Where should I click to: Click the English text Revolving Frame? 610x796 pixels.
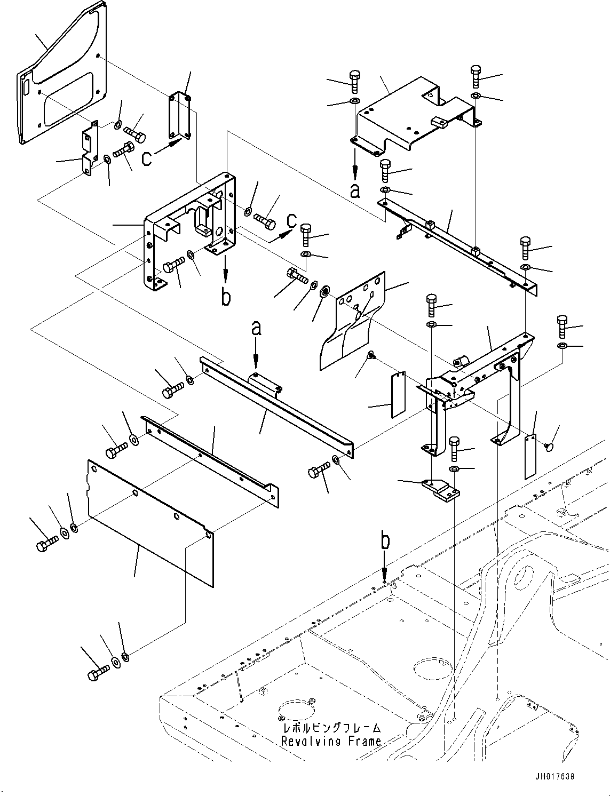(331, 741)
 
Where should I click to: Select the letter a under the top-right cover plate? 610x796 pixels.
(355, 190)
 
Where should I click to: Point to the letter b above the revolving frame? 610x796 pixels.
(385, 540)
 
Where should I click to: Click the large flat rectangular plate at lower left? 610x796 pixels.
(149, 523)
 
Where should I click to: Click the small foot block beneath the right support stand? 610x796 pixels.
(440, 489)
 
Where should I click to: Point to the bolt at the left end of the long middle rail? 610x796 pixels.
(171, 392)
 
